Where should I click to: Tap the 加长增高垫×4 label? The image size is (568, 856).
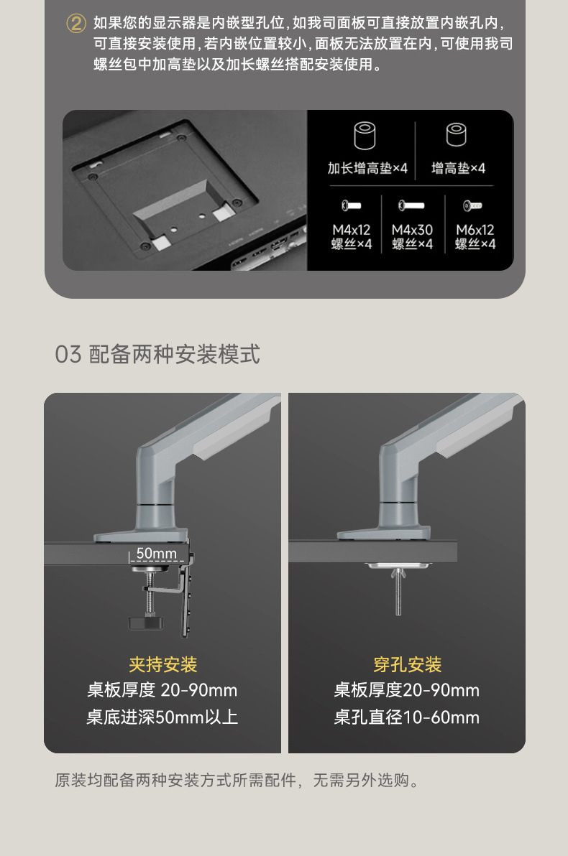367,168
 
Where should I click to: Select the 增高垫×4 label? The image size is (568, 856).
458,168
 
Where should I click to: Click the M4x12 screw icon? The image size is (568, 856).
351,206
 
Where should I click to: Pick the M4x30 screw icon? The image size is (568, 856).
411,206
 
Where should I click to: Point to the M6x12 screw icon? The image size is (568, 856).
472,206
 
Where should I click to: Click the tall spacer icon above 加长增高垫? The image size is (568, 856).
366,136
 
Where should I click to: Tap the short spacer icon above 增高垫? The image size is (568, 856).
457,135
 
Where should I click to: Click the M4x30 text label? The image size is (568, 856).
412,230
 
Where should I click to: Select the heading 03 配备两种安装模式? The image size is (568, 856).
157,354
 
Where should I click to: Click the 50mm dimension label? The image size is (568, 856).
156,554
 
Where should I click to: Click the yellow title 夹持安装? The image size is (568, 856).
162,664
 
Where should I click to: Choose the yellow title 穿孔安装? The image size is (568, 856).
407,664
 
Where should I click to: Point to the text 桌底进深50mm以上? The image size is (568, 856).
162,717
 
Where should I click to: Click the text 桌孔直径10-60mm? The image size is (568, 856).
407,717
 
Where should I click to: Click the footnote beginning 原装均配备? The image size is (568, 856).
237,780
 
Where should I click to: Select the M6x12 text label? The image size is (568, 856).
475,230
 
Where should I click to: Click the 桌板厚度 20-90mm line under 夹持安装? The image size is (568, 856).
162,691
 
